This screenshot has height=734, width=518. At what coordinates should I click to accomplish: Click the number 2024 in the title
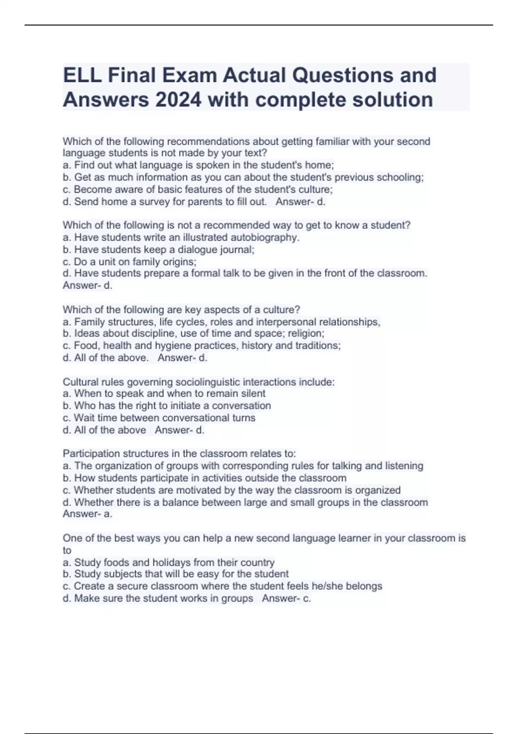(177, 100)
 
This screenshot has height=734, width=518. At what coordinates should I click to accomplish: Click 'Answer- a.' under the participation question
(88, 514)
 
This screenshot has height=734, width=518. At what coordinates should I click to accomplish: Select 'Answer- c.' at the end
(286, 598)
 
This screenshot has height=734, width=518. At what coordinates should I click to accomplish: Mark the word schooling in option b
(400, 177)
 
